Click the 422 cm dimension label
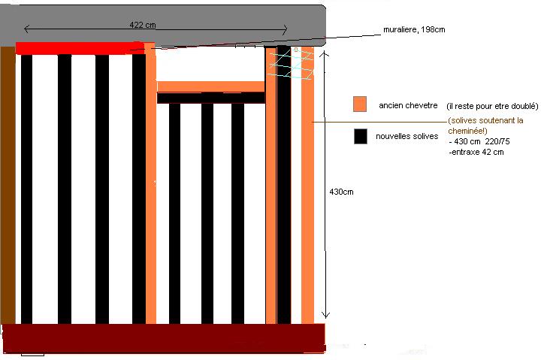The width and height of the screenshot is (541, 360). tap(143, 24)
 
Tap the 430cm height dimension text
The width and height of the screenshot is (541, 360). tap(341, 192)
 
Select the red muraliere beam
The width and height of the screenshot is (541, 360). tap(75, 48)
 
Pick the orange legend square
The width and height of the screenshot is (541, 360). tap(360, 104)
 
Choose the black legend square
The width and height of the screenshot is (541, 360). tap(360, 136)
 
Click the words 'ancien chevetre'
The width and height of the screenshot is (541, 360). tap(409, 105)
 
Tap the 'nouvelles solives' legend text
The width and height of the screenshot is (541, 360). tap(407, 136)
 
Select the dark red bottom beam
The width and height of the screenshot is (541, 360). tap(164, 338)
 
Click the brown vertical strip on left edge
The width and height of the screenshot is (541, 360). tap(7, 184)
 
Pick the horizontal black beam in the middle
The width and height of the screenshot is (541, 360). tap(210, 98)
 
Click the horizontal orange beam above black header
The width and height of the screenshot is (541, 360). tap(210, 86)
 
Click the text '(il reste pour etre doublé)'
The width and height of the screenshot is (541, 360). tap(492, 105)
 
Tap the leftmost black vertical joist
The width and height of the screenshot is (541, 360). tap(26, 188)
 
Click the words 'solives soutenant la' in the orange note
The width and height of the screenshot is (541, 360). tap(485, 120)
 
